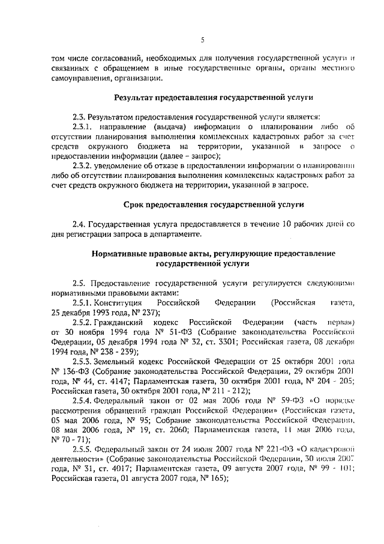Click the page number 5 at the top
(x=203, y=40)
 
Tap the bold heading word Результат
(x=137, y=97)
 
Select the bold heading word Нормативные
(x=122, y=253)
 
